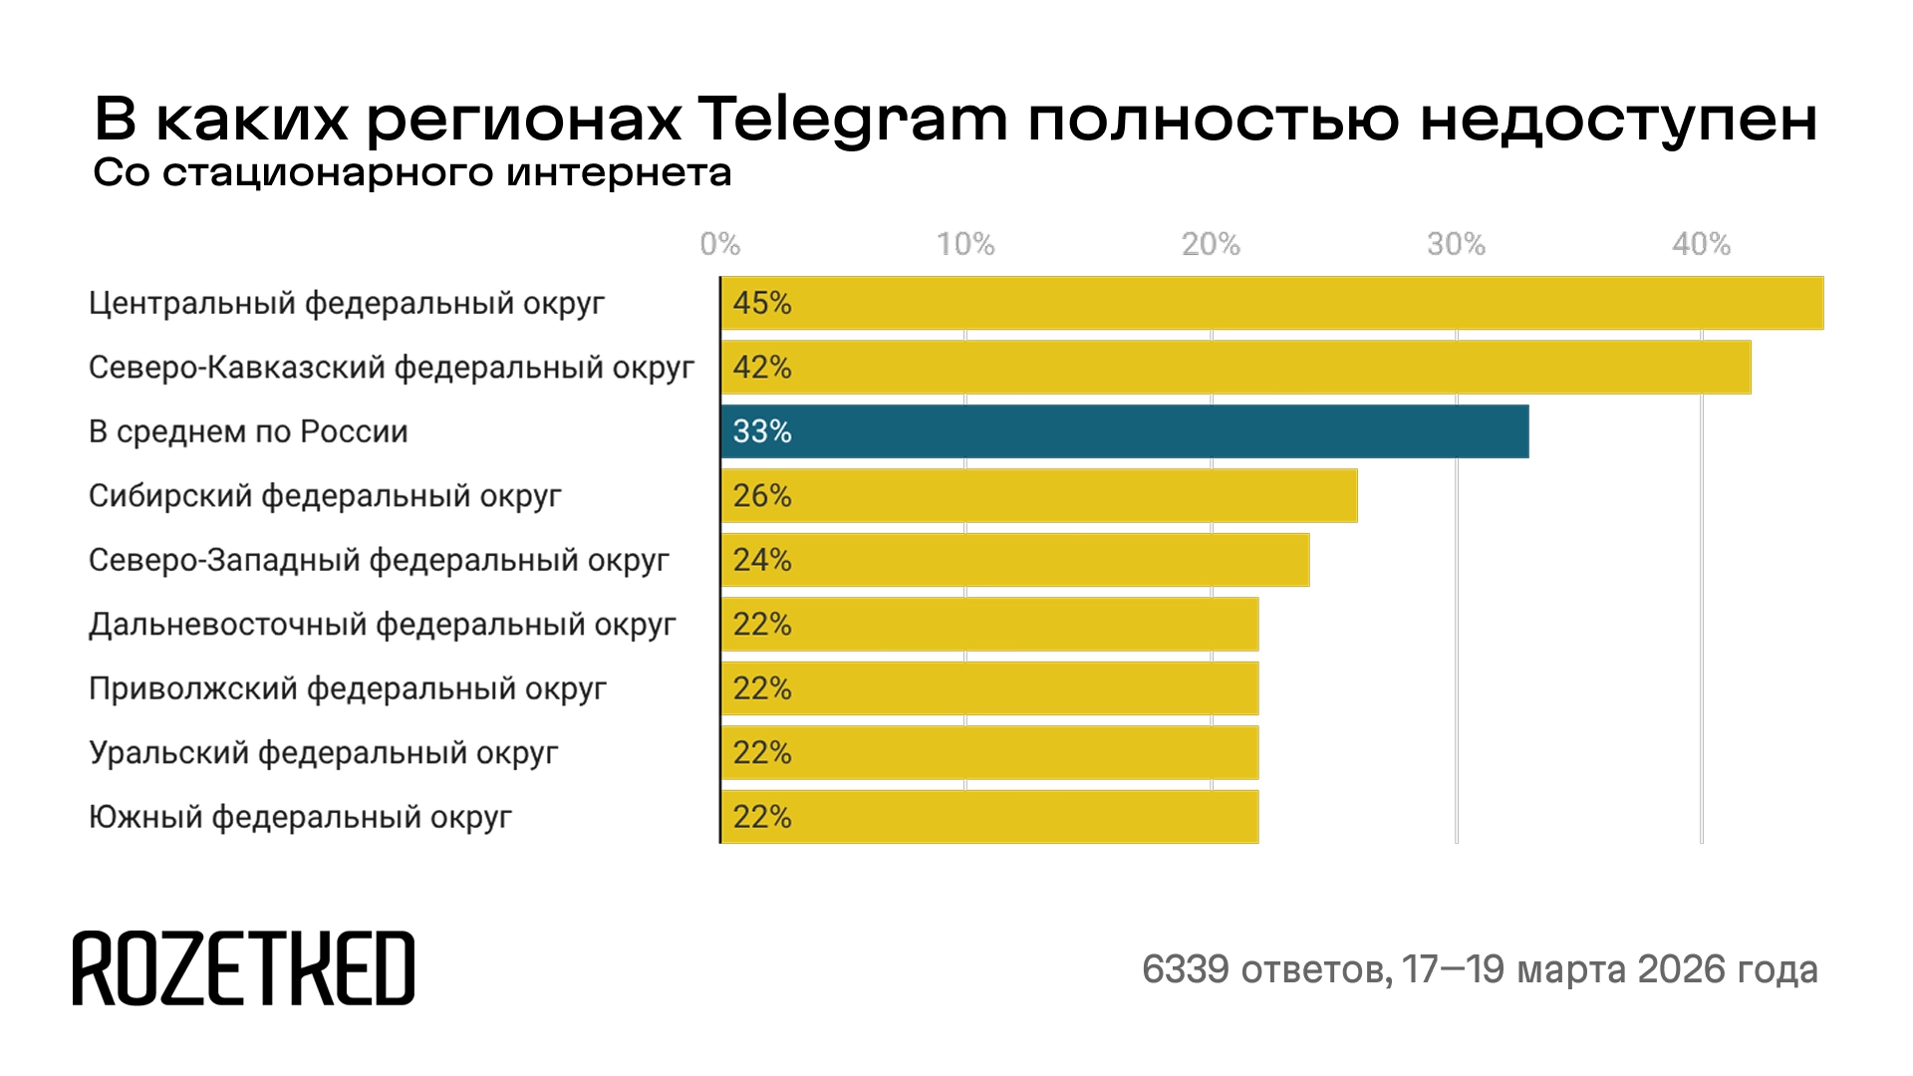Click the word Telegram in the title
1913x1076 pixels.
pos(852,121)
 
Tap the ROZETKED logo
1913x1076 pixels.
pos(243,968)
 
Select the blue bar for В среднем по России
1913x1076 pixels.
pos(1124,431)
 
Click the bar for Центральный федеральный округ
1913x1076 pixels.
pos(1271,303)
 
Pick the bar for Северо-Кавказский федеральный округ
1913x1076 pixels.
pos(1235,368)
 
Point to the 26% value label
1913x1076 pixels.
pos(762,496)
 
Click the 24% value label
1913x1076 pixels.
pos(762,560)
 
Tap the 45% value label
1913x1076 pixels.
pos(762,303)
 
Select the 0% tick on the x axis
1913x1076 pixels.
pos(719,244)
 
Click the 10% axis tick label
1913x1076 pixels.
pos(964,244)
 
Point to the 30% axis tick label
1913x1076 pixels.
pos(1456,244)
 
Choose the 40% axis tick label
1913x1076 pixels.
pos(1701,244)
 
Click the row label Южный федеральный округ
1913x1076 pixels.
pos(300,818)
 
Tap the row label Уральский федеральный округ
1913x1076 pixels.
pos(323,753)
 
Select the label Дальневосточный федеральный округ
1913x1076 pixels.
pos(382,625)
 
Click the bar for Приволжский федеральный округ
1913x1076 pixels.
pos(989,688)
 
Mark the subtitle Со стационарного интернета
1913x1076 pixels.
pos(412,173)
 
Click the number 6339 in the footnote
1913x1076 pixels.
pos(1185,969)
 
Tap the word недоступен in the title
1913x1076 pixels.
pos(1619,121)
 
